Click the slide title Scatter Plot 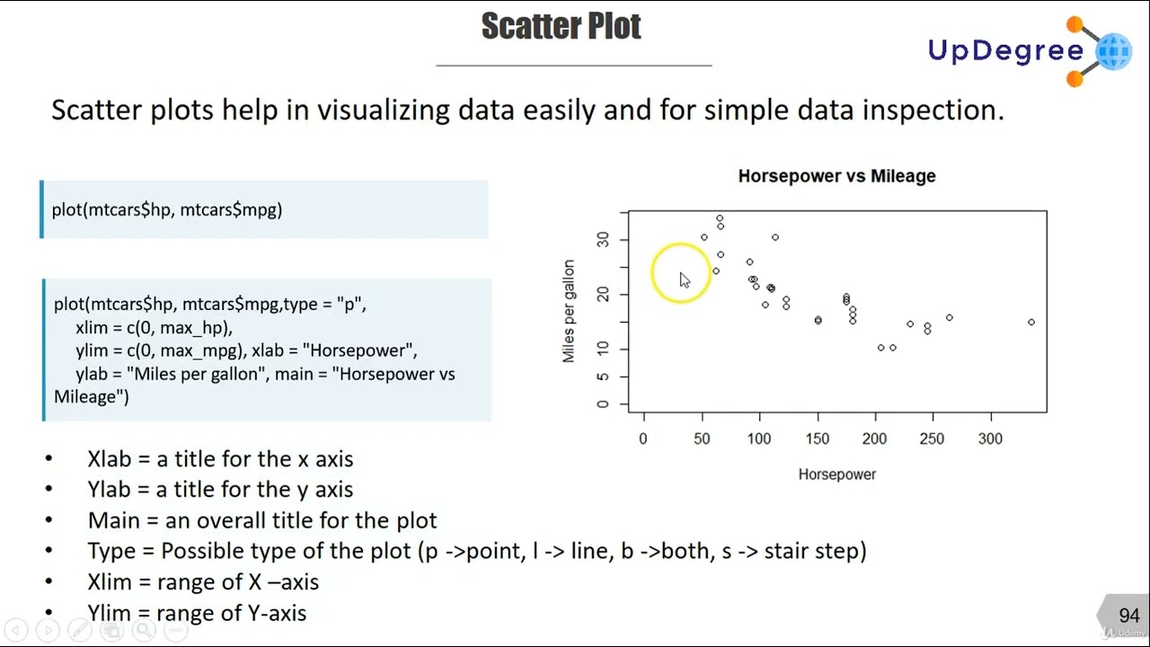tap(561, 27)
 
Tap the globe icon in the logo tap(1113, 51)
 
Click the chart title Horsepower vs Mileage tap(836, 176)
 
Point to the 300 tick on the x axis tap(990, 439)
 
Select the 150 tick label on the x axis tap(818, 439)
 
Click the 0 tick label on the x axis tap(643, 439)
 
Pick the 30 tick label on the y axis tap(603, 239)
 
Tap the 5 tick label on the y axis tap(603, 377)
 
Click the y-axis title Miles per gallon tap(569, 311)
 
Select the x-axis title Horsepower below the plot tap(836, 474)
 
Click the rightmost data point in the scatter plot tap(1031, 322)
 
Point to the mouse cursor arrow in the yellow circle tap(684, 280)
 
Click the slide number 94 tap(1128, 616)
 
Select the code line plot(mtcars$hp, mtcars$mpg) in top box tap(167, 209)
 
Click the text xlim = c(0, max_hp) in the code tap(154, 327)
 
